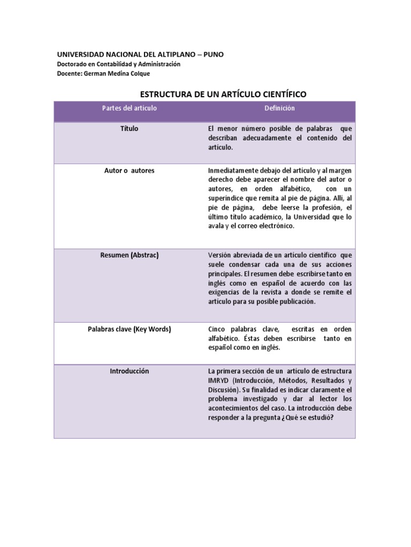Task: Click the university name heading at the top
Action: tap(140, 54)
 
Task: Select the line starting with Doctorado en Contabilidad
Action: tap(119, 64)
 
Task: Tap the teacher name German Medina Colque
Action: tap(103, 74)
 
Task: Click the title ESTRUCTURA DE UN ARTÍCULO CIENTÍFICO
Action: tap(223, 94)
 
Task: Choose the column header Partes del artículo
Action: tap(130, 108)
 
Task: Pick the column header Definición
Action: tap(279, 108)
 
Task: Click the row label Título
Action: tap(130, 129)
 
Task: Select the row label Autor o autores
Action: tap(130, 170)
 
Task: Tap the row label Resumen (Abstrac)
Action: tap(130, 255)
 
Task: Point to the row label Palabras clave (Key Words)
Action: tap(130, 329)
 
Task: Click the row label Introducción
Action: tap(130, 371)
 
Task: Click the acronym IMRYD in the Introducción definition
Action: tap(218, 380)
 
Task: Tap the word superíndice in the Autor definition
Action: tap(226, 198)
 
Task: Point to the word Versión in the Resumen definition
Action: tap(219, 255)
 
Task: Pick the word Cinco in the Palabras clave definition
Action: tap(217, 329)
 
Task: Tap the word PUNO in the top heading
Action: tap(214, 54)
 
